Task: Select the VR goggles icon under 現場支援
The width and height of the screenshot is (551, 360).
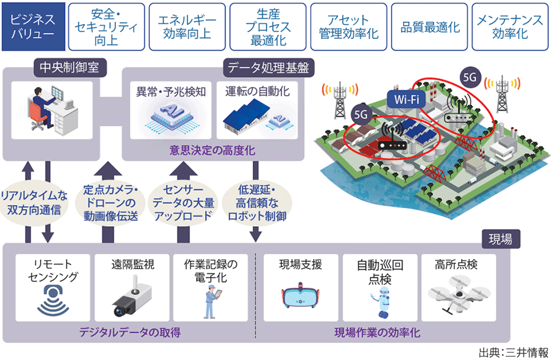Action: point(300,298)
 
